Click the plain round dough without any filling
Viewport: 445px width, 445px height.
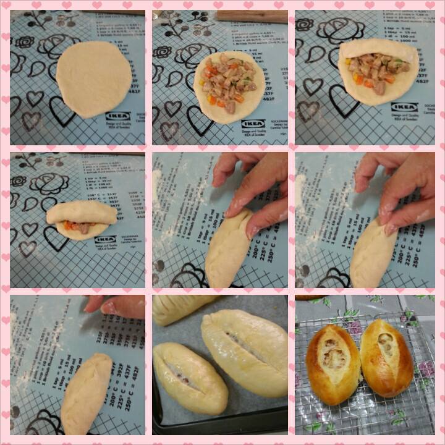point(93,79)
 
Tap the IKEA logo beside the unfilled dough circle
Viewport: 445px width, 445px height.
point(117,116)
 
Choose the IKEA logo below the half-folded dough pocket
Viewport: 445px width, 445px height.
point(404,107)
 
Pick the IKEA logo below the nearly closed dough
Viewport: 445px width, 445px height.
point(105,239)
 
